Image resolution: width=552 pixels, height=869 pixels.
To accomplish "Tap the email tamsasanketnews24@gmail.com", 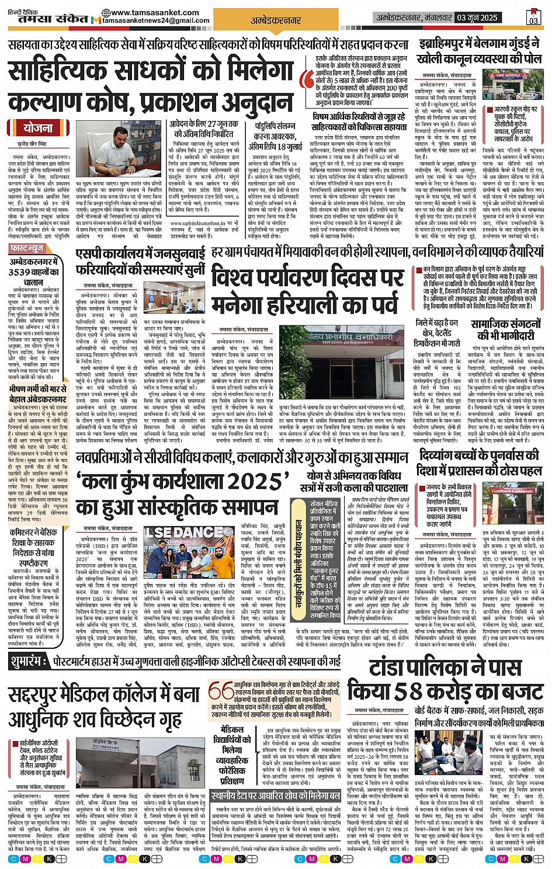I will [156, 20].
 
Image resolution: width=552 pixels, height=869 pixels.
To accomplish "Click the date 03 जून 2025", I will [477, 18].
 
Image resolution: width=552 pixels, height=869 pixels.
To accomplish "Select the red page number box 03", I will [533, 17].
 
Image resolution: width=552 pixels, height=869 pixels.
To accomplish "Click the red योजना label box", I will [37, 128].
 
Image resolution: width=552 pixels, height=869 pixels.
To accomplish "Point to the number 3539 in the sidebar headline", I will [20, 272].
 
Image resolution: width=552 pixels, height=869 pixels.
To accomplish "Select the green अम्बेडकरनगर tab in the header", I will [276, 20].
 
